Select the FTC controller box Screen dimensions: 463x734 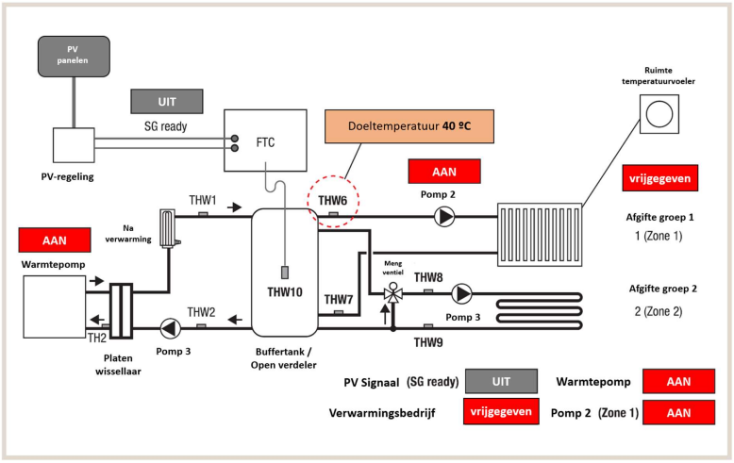[265, 141]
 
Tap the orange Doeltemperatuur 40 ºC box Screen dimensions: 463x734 [409, 124]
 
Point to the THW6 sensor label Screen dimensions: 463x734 [333, 201]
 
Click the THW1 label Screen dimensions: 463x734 [203, 200]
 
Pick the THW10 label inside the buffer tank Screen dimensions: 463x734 [284, 293]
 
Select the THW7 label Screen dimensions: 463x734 [339, 300]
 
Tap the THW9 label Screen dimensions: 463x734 [428, 343]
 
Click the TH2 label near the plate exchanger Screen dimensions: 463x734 [97, 337]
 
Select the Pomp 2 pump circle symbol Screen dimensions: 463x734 [444, 217]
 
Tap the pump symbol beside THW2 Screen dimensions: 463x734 [170, 327]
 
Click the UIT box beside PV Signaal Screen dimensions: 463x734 [501, 382]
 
